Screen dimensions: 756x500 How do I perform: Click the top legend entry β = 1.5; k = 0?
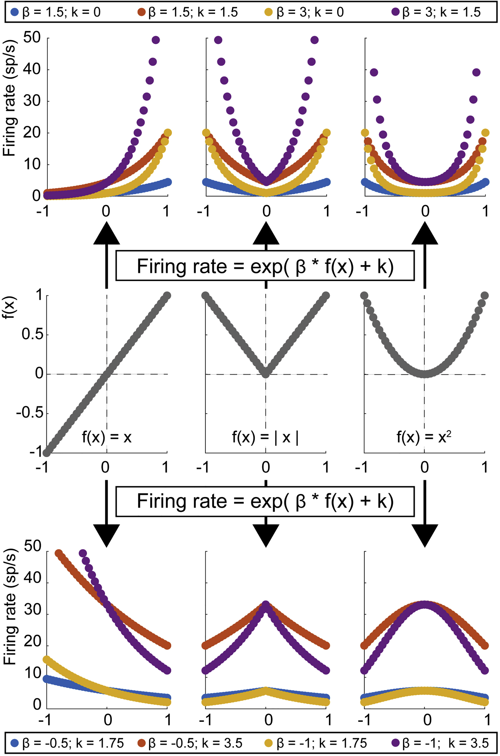pos(56,12)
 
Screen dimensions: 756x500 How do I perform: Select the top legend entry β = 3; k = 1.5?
pos(436,12)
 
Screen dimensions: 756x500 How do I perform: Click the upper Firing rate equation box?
pos(265,266)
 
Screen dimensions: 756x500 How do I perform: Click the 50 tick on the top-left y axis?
pos(32,38)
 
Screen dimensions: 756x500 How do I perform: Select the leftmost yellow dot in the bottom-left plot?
pos(47,659)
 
